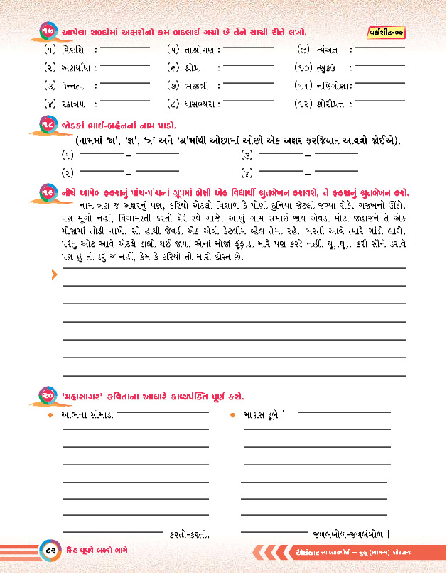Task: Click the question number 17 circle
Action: [x=48, y=32]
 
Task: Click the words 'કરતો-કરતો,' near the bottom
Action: [x=190, y=534]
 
